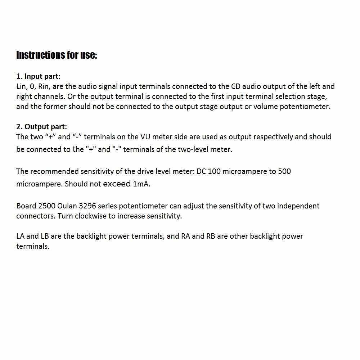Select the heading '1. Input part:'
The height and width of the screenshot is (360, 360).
(x=39, y=76)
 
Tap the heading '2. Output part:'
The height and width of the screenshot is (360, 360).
(x=41, y=127)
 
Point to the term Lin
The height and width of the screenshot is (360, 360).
(x=21, y=86)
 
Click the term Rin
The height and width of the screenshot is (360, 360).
(x=44, y=86)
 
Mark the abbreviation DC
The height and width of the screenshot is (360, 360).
(x=201, y=171)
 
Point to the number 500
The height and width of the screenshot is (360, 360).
(x=284, y=171)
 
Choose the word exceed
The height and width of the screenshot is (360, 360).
(x=117, y=184)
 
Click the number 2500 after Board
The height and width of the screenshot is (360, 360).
(x=46, y=206)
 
